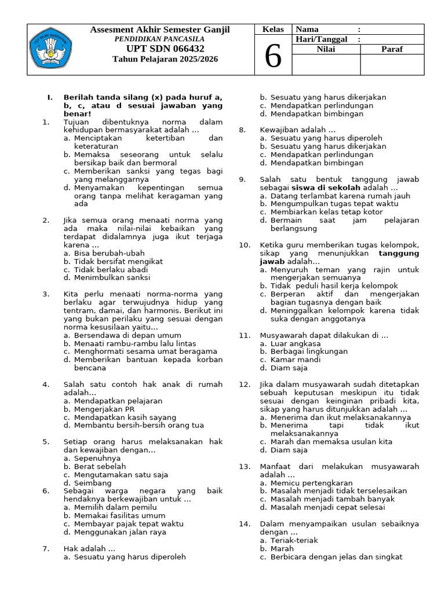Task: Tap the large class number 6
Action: pyautogui.click(x=273, y=57)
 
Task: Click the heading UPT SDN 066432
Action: pyautogui.click(x=160, y=49)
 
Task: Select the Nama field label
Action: pyautogui.click(x=307, y=30)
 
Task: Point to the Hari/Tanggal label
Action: pyautogui.click(x=323, y=39)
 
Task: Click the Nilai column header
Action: pyautogui.click(x=326, y=49)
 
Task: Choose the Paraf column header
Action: pyautogui.click(x=392, y=49)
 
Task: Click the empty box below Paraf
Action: pyautogui.click(x=392, y=65)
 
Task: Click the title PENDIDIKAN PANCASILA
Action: pyautogui.click(x=160, y=39)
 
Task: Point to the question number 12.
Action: pyautogui.click(x=244, y=385)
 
